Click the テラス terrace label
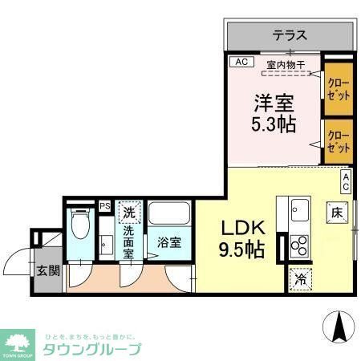point(290,35)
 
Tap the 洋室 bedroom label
point(274,103)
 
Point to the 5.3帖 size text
point(274,125)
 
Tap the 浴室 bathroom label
point(168,241)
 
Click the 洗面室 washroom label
point(128,241)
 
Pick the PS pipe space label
point(104,206)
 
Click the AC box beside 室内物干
point(240,62)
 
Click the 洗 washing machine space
point(128,213)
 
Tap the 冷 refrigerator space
point(300,278)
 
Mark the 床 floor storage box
point(336,213)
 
